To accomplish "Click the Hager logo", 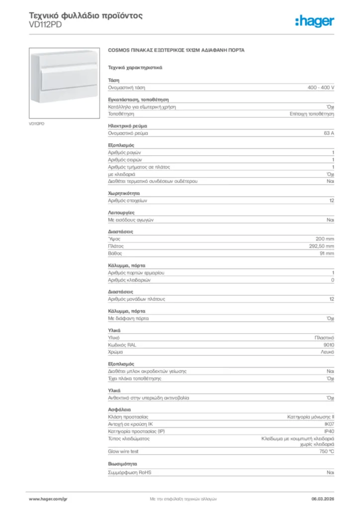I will pyautogui.click(x=314, y=21).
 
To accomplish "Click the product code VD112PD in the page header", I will pyautogui.click(x=45, y=25).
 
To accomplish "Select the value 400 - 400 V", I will pyautogui.click(x=321, y=87).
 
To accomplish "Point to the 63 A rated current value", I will pyautogui.click(x=329, y=133).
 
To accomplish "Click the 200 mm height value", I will pyautogui.click(x=325, y=239).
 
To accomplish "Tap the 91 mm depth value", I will pyautogui.click(x=326, y=254).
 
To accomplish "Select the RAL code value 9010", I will pyautogui.click(x=329, y=344).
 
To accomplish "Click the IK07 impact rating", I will pyautogui.click(x=329, y=424).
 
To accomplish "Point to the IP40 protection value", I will pyautogui.click(x=329, y=431).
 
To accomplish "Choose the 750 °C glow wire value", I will pyautogui.click(x=327, y=451).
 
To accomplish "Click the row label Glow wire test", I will pyautogui.click(x=123, y=451).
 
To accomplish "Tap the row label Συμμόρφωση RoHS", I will pyautogui.click(x=130, y=472).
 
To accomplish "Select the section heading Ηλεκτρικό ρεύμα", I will pyautogui.click(x=128, y=126).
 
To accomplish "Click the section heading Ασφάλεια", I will pyautogui.click(x=119, y=410).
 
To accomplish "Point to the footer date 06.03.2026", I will pyautogui.click(x=322, y=498).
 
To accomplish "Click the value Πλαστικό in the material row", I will pyautogui.click(x=323, y=338).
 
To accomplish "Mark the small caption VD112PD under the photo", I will pyautogui.click(x=36, y=124).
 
